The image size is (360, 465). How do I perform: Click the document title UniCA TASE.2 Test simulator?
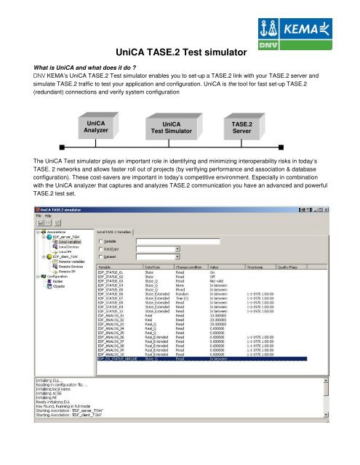point(179,52)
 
